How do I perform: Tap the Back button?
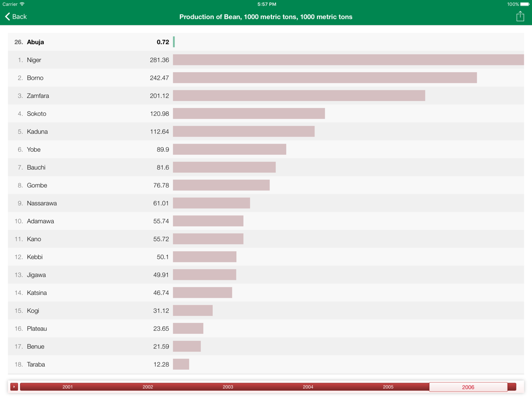[x=16, y=16]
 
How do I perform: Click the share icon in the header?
[x=520, y=16]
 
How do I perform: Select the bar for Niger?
[x=348, y=60]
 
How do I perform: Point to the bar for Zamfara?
[x=299, y=96]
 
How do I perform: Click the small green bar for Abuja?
[x=174, y=42]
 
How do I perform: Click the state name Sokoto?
[x=37, y=114]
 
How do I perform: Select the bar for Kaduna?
[x=244, y=131]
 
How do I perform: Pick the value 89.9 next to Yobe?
[x=163, y=149]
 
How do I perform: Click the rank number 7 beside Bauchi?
[x=20, y=168]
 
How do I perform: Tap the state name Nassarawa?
[x=42, y=203]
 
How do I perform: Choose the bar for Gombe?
[x=221, y=185]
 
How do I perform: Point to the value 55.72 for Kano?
[x=161, y=239]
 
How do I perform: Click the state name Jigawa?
[x=36, y=275]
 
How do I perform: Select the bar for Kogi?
[x=193, y=311]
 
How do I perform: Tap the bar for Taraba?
[x=181, y=364]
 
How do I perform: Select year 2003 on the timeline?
[x=228, y=387]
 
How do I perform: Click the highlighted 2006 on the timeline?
[x=468, y=387]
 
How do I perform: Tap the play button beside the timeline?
[x=14, y=387]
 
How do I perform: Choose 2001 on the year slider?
[x=68, y=387]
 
